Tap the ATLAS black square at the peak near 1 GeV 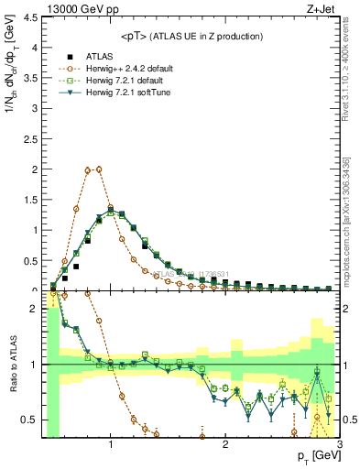(111, 213)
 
